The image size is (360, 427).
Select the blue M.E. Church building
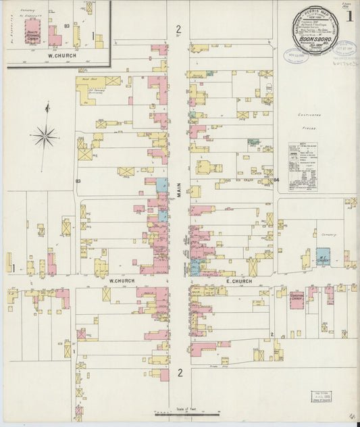(x=324, y=257)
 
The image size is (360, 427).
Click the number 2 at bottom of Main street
(x=180, y=373)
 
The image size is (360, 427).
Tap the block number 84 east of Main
(x=276, y=180)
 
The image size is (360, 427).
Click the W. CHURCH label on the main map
(x=122, y=281)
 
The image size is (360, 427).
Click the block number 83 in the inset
(x=67, y=26)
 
